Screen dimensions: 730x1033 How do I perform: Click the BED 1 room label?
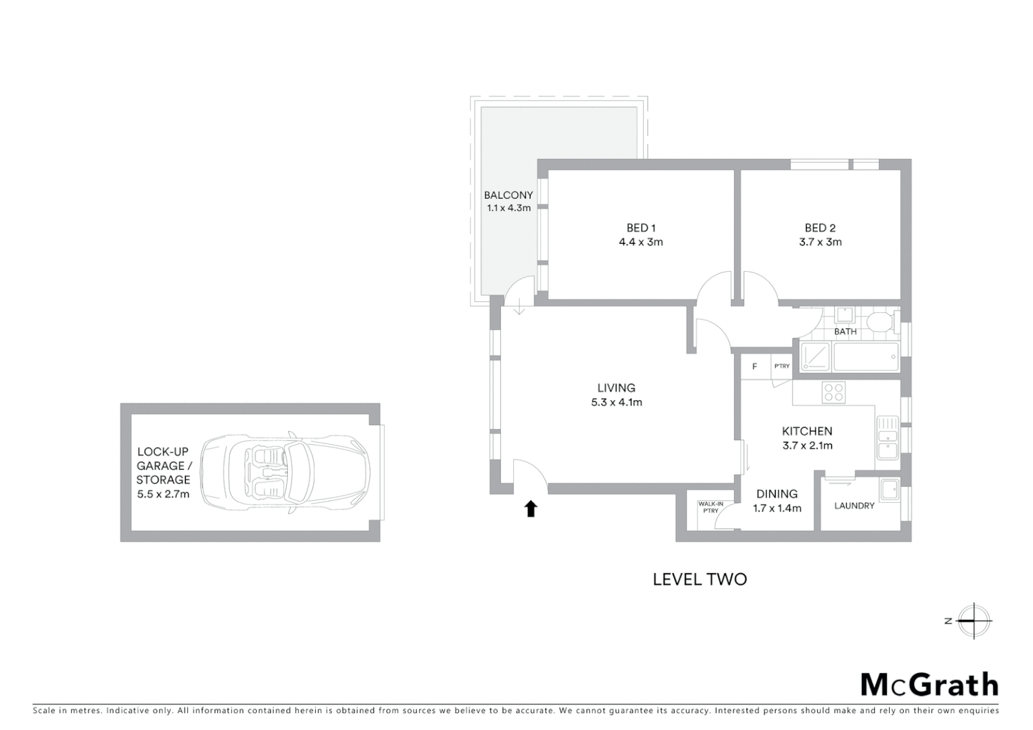(640, 228)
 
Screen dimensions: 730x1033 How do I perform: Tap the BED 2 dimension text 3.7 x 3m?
(820, 242)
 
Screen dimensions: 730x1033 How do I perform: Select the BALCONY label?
(508, 195)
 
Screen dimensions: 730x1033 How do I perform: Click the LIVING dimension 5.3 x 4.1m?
(616, 402)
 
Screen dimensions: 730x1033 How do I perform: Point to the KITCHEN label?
(807, 431)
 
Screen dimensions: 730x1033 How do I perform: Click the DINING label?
(777, 494)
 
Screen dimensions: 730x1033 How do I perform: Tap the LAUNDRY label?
(854, 506)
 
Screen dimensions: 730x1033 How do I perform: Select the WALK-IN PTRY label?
(711, 507)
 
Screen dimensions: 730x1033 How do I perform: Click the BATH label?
(845, 332)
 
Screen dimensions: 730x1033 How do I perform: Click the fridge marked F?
(754, 366)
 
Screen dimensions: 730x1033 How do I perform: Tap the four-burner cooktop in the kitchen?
(833, 393)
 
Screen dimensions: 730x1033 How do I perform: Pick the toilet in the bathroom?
(881, 322)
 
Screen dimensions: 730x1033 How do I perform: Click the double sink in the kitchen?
(886, 438)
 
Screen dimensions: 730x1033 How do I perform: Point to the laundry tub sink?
(889, 489)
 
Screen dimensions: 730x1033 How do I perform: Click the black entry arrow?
(531, 509)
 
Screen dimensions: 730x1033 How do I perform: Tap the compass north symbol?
(973, 620)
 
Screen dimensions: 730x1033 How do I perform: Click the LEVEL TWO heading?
(700, 579)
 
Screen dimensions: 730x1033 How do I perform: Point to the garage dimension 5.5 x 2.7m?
(163, 494)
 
